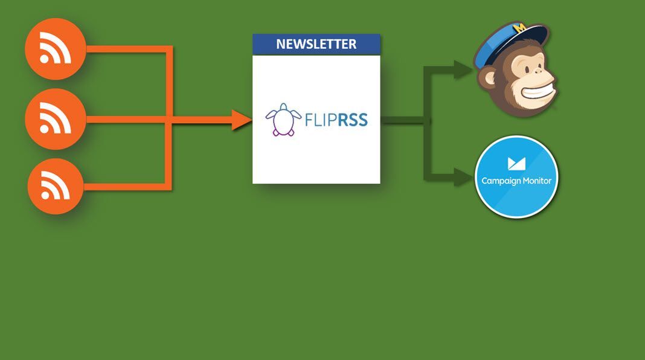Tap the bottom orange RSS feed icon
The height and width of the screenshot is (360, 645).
[x=56, y=187]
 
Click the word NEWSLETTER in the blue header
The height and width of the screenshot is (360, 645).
[x=316, y=44]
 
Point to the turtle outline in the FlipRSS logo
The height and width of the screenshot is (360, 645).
[x=283, y=120]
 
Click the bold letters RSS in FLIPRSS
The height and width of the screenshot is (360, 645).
[x=352, y=120]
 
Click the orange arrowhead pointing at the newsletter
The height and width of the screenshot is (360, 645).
[x=242, y=120]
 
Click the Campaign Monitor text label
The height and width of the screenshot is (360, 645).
[x=516, y=181]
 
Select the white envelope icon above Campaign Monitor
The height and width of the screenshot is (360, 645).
[x=516, y=163]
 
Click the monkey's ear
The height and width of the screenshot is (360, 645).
[x=487, y=79]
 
